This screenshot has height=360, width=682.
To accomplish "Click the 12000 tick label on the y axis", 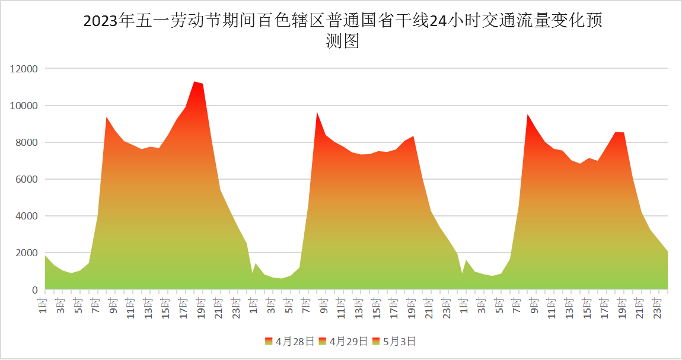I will tap(24, 69).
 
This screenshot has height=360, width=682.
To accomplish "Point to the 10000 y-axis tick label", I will tap(24, 106).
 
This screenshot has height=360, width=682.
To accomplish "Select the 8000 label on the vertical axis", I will tap(26, 142).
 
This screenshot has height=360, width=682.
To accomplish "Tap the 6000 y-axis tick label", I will tap(26, 179).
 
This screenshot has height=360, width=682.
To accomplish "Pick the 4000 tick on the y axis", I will tap(26, 216).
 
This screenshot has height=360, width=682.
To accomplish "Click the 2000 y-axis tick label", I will tap(26, 253).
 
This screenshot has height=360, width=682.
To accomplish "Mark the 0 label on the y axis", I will tap(35, 290).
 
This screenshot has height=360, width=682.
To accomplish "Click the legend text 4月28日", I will tap(291, 341).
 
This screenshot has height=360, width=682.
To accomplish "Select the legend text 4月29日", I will tap(345, 341).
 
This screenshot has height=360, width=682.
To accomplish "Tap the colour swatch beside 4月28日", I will tap(269, 341).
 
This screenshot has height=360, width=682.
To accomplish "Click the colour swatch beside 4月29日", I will tap(323, 341).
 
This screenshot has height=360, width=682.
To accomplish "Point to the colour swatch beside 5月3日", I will tap(377, 341).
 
